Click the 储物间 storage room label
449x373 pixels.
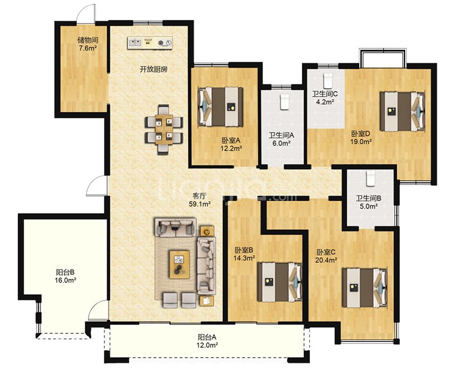[x=88, y=40]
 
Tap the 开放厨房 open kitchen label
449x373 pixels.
[x=153, y=70]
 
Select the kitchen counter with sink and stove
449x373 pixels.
[x=150, y=43]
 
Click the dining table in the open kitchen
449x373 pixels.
[x=164, y=129]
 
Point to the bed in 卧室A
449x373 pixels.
[x=220, y=107]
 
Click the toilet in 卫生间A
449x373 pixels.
[x=285, y=102]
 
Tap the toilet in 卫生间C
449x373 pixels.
[x=328, y=81]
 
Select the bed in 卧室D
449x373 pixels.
[x=402, y=112]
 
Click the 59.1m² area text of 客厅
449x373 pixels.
[x=200, y=204]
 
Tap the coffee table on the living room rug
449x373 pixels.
[x=180, y=265]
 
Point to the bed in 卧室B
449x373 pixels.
[x=280, y=283]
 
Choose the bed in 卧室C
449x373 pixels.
[x=365, y=288]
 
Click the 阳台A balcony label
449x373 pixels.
[x=207, y=337]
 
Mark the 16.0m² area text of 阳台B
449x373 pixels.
[x=65, y=280]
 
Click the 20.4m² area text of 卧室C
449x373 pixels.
[x=326, y=260]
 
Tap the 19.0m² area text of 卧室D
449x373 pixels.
[x=361, y=142]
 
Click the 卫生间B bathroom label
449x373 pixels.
[x=368, y=198]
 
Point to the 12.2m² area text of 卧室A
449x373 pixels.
[x=231, y=148]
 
